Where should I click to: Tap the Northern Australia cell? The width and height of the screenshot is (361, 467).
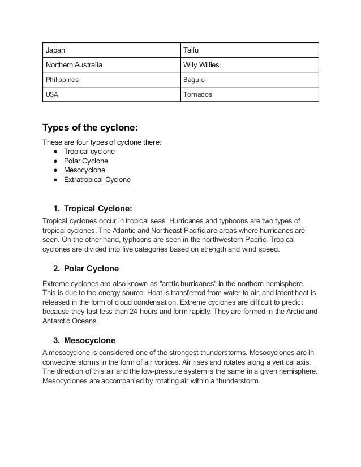click(x=111, y=65)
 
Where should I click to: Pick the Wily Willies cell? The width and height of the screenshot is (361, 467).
click(x=249, y=65)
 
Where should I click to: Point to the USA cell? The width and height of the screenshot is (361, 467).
click(x=111, y=94)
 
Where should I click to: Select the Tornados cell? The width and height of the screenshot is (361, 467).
click(x=249, y=94)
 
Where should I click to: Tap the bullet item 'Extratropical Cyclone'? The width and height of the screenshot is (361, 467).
click(x=97, y=179)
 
